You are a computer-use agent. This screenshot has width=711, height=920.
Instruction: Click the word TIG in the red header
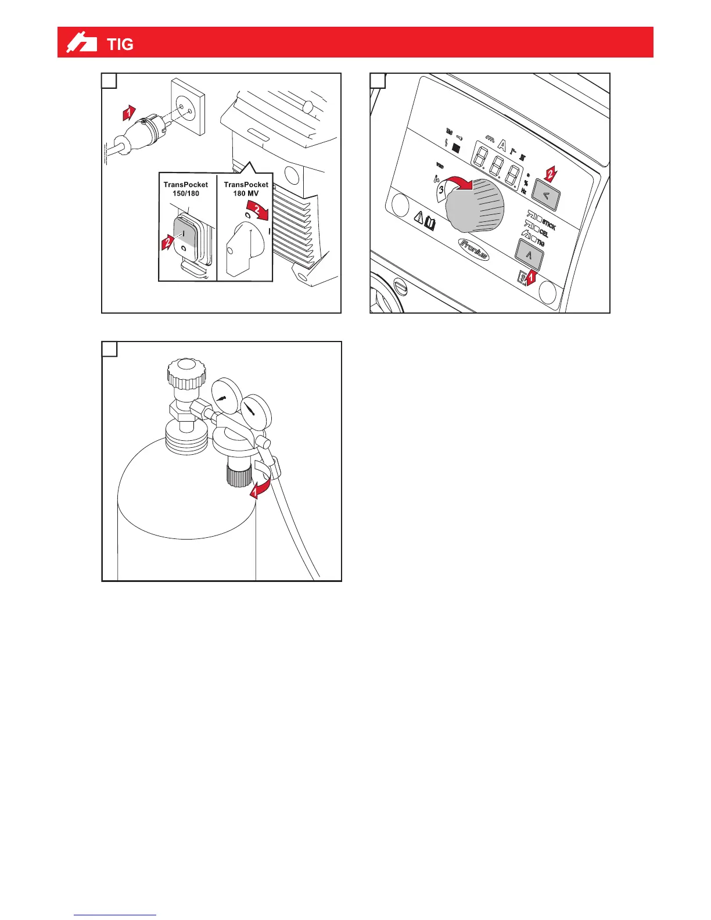click(120, 44)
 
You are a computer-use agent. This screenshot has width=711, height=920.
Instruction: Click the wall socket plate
click(188, 107)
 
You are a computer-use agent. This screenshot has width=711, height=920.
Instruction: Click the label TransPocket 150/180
click(186, 189)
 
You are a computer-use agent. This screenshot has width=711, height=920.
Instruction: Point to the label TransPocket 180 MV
click(246, 189)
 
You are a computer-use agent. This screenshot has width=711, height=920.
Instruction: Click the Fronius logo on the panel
click(474, 249)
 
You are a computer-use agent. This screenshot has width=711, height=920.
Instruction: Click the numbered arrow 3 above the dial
click(443, 189)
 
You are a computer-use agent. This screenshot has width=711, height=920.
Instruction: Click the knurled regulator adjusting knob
click(238, 473)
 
